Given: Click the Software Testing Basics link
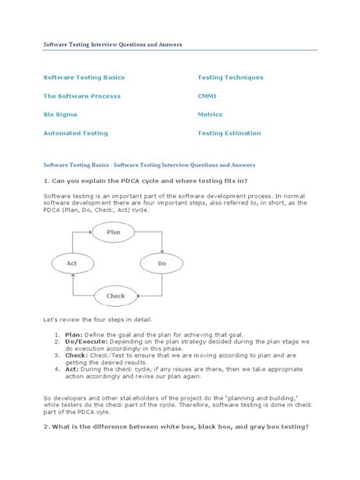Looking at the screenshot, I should coord(84,77).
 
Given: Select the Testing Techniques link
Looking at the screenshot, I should coord(230,77).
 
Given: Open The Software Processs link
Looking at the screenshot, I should coord(82,96).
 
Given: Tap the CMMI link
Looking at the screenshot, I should coord(208,96).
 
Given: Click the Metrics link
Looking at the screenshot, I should coord(210,115).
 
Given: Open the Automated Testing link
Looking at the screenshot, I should coord(76,133).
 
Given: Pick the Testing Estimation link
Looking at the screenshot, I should coord(231,133).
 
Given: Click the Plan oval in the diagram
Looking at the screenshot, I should coord(113,232).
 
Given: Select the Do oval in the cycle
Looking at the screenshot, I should coord(161,264).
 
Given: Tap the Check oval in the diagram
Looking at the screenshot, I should coord(115,295).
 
